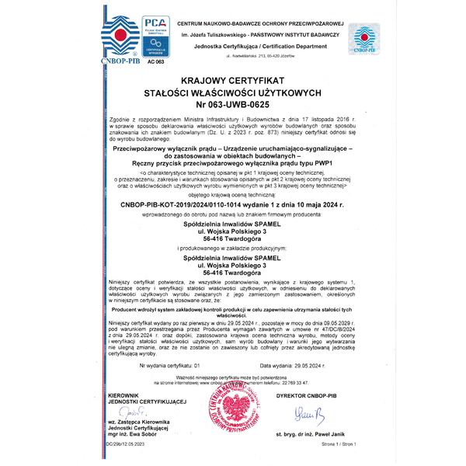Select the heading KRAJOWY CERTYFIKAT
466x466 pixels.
click(x=233, y=81)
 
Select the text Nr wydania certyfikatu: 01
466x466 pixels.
click(x=170, y=364)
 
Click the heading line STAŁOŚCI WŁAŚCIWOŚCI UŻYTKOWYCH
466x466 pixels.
click(x=233, y=92)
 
